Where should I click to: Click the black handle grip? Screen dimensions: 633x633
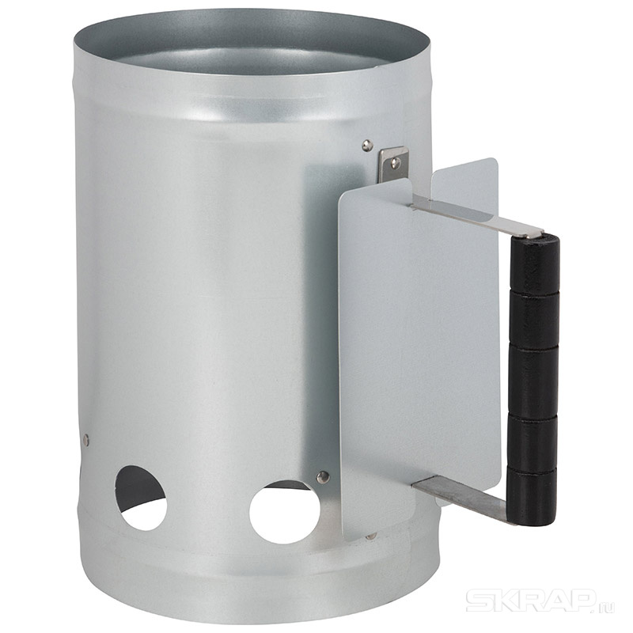click(533, 379)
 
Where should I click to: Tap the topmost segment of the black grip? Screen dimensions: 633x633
click(535, 263)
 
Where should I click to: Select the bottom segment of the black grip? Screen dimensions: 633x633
click(531, 495)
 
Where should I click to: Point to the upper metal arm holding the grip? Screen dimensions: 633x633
click(476, 216)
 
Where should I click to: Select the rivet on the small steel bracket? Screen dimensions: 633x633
click(395, 162)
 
